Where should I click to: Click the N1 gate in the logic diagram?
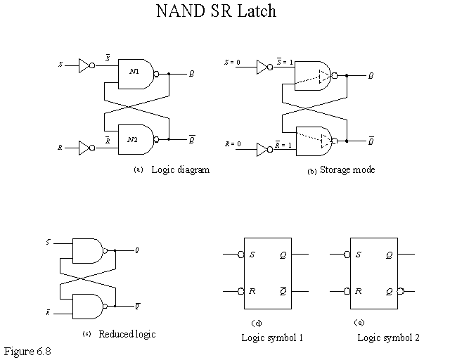(136, 73)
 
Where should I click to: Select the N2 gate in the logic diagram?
(136, 139)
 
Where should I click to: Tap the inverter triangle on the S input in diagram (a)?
(84, 66)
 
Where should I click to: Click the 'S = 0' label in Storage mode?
(233, 63)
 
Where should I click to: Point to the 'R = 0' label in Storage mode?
(233, 144)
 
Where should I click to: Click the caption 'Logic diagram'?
(180, 170)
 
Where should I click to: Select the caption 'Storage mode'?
(347, 170)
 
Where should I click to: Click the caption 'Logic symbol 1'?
(271, 337)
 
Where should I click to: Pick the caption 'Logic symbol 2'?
(387, 337)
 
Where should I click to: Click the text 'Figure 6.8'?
(27, 350)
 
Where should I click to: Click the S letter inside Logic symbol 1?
(252, 255)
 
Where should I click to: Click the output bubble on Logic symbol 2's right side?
(401, 290)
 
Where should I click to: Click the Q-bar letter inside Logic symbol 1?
(282, 290)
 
